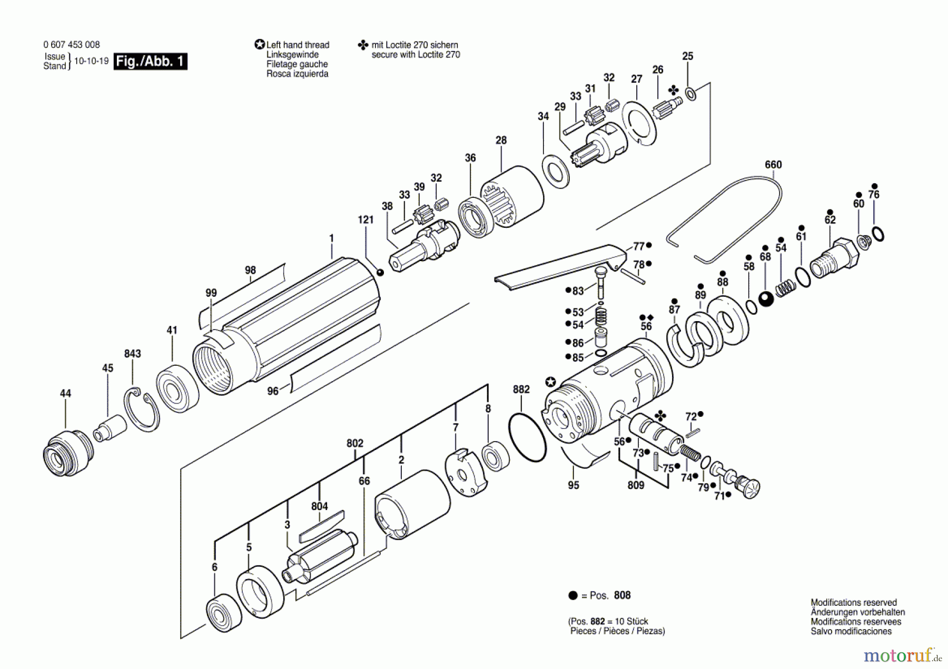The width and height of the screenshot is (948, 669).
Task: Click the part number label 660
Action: [773, 165]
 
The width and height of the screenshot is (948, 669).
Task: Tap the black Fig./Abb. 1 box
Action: [150, 62]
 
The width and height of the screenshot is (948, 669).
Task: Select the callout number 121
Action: [366, 220]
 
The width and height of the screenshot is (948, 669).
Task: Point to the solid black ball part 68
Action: [766, 298]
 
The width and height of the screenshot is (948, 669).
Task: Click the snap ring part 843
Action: [142, 409]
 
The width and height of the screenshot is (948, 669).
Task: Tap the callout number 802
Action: [355, 443]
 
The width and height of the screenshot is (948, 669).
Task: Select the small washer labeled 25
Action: [690, 95]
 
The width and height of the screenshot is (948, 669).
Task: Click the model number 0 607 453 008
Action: [72, 45]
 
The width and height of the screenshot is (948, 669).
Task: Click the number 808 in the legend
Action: [622, 595]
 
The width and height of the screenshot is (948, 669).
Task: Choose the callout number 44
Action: [65, 393]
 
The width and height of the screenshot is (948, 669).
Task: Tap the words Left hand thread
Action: [298, 45]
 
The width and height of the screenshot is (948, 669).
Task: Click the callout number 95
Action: [574, 485]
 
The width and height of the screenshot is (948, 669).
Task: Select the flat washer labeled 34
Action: [556, 171]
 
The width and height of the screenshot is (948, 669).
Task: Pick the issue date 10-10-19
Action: [91, 61]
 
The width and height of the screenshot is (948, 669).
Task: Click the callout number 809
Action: [636, 485]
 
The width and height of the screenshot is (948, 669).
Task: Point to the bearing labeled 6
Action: [224, 614]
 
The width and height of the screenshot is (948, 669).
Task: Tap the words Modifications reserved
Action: [853, 603]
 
